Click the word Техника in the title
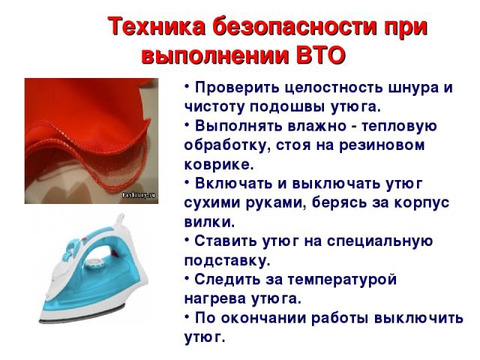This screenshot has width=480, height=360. (157, 27)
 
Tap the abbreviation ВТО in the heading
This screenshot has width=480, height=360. (321, 55)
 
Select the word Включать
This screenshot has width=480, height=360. (233, 183)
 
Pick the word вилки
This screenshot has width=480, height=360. (210, 222)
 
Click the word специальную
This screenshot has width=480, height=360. (379, 241)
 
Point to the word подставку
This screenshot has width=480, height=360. (227, 260)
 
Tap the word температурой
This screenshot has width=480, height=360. (342, 280)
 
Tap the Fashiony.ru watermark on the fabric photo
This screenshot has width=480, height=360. (139, 195)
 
